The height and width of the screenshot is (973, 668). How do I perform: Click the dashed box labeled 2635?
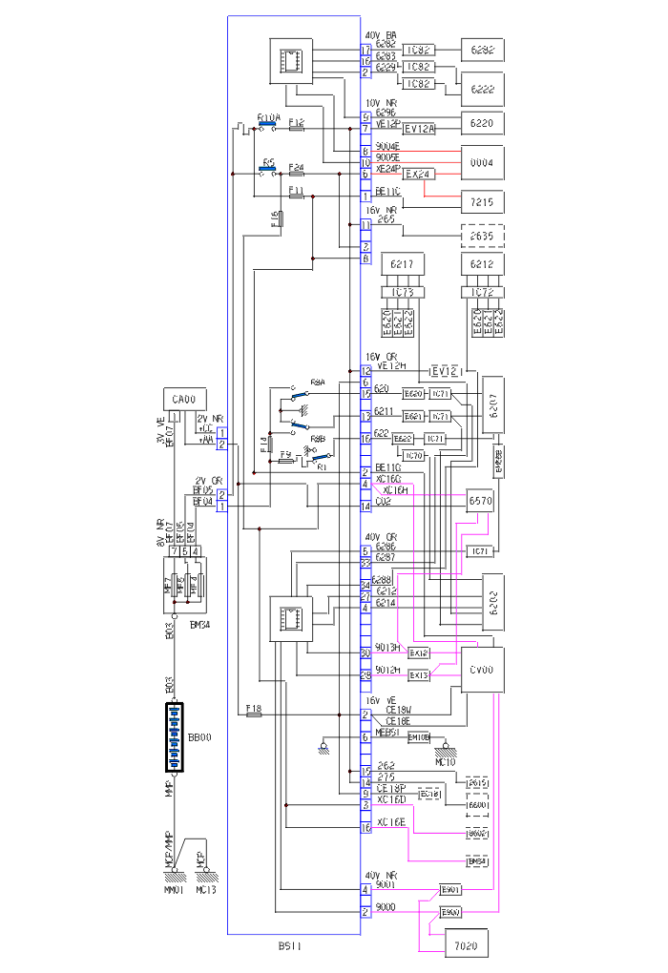(x=482, y=235)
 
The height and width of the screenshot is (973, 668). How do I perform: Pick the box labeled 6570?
(x=479, y=501)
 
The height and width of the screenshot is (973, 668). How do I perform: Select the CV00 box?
(x=481, y=671)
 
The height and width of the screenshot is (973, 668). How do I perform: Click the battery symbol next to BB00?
(x=175, y=737)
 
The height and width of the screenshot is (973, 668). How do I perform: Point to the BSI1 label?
(x=291, y=947)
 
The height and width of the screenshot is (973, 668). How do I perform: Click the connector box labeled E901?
(x=450, y=890)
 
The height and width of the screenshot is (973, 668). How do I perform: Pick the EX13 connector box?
(x=419, y=675)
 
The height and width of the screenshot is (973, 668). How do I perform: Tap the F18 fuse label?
(x=253, y=708)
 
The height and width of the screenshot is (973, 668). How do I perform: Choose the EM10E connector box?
(x=420, y=737)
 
